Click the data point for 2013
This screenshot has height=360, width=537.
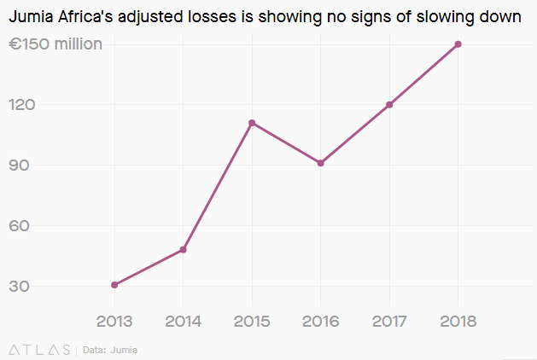(x=114, y=285)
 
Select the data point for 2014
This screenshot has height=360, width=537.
(x=184, y=250)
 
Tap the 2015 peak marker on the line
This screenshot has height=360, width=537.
(x=252, y=123)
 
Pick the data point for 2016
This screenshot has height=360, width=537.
(x=321, y=163)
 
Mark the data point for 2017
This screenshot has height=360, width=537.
(x=389, y=105)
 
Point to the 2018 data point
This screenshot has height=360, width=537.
(x=458, y=44)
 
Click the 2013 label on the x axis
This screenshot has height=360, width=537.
(x=114, y=322)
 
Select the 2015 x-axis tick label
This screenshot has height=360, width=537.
(x=252, y=322)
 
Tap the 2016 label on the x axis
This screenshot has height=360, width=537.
(x=321, y=322)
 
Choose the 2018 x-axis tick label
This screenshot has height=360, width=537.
(x=458, y=322)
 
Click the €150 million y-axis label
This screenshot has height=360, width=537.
(x=55, y=44)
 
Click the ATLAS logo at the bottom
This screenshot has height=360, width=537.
(x=39, y=350)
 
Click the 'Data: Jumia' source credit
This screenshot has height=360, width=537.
(x=110, y=350)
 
